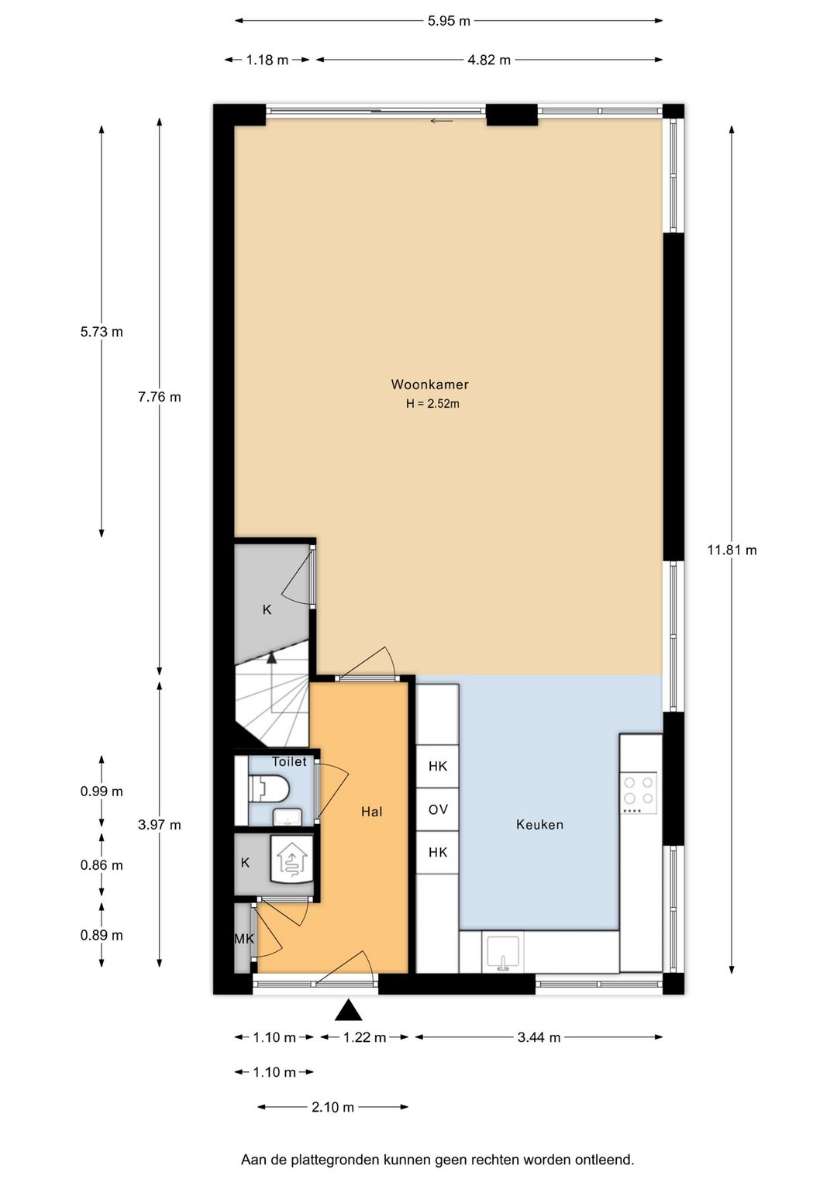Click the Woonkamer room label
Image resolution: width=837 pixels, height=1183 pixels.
click(x=429, y=384)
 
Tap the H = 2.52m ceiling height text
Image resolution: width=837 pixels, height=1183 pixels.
click(x=432, y=404)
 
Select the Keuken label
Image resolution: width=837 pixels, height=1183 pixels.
click(x=539, y=824)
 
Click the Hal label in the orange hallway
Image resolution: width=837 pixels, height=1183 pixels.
click(x=371, y=812)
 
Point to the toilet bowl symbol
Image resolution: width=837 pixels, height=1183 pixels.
click(x=268, y=789)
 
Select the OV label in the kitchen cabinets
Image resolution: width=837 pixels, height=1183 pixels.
click(x=438, y=809)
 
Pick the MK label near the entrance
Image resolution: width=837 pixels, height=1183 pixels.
click(x=244, y=939)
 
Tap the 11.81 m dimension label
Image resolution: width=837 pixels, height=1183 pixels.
click(x=732, y=550)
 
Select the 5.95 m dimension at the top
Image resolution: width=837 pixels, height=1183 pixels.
click(x=448, y=21)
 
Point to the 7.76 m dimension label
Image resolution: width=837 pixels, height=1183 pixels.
click(x=160, y=397)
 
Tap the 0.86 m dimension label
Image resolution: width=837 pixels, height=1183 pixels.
click(x=102, y=865)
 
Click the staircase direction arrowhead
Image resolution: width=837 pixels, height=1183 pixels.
click(x=271, y=657)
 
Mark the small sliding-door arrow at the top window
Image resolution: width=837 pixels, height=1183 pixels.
click(x=442, y=121)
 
